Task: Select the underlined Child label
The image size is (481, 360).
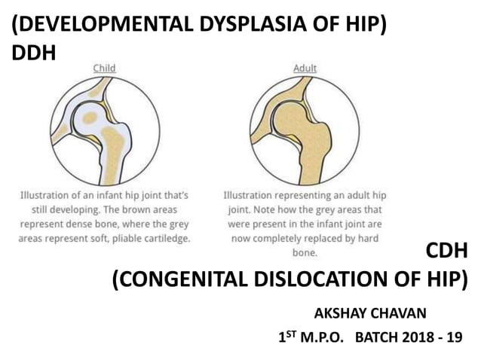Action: click(x=104, y=69)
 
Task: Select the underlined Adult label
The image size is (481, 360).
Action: click(x=305, y=69)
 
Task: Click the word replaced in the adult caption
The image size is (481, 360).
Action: click(x=321, y=238)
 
